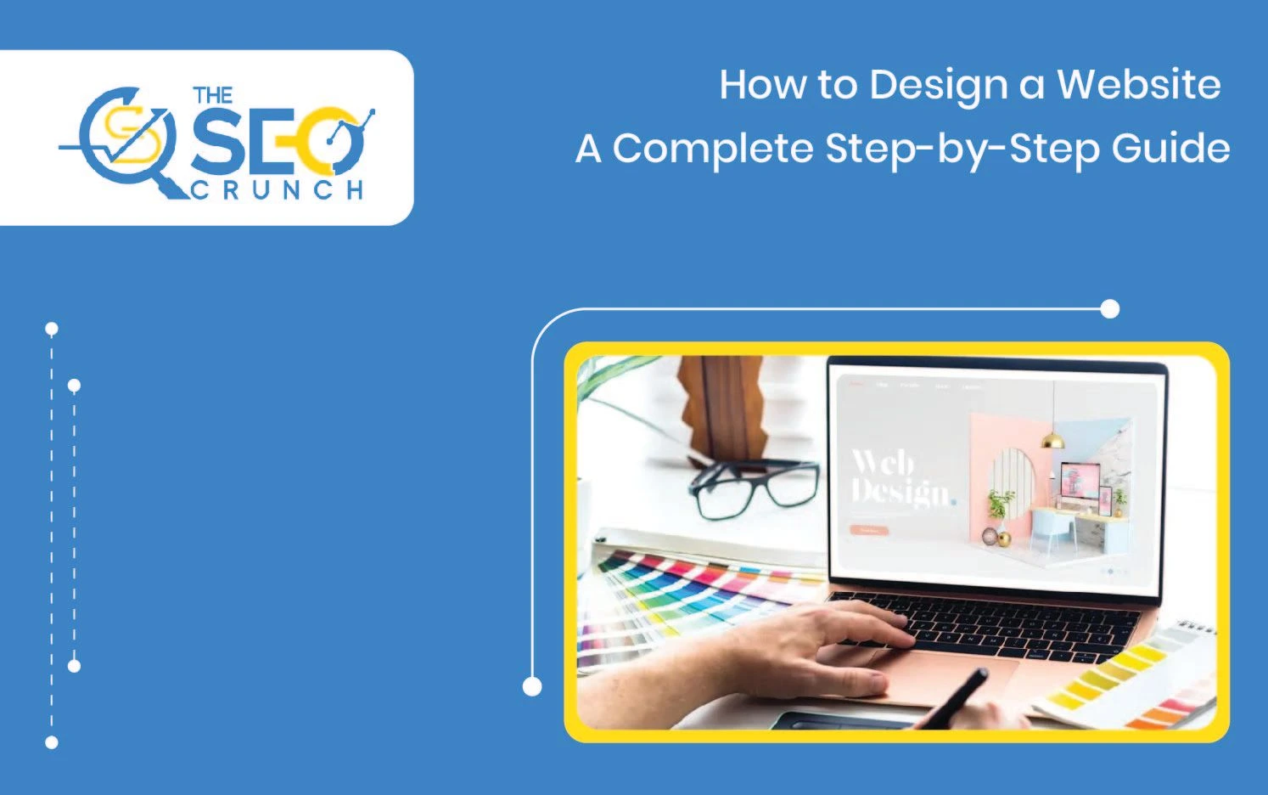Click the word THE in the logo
tap(212, 94)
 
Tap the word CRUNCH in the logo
tap(278, 189)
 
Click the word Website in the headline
tap(1138, 85)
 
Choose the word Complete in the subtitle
tap(713, 149)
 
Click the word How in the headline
tap(764, 85)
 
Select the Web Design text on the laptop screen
tap(900, 478)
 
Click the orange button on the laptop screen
tap(868, 530)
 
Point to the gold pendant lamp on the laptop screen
tap(1053, 439)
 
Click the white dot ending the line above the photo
tap(1109, 309)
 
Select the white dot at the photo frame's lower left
tap(532, 686)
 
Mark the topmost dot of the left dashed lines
tap(52, 329)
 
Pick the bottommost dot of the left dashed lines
tap(52, 742)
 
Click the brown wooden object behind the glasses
tap(721, 408)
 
